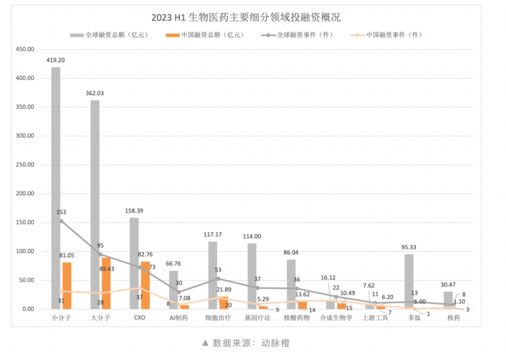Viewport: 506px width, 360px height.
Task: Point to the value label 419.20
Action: click(55, 59)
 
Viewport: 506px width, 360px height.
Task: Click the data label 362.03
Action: click(94, 93)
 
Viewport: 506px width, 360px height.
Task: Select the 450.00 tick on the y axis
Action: click(24, 49)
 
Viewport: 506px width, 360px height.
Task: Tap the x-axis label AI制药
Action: click(178, 318)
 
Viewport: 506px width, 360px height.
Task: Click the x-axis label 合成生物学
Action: click(336, 318)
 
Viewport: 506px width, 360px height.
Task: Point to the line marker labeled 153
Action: click(61, 221)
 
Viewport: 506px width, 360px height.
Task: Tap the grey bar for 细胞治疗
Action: click(212, 275)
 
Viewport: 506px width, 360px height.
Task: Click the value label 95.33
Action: click(409, 247)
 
